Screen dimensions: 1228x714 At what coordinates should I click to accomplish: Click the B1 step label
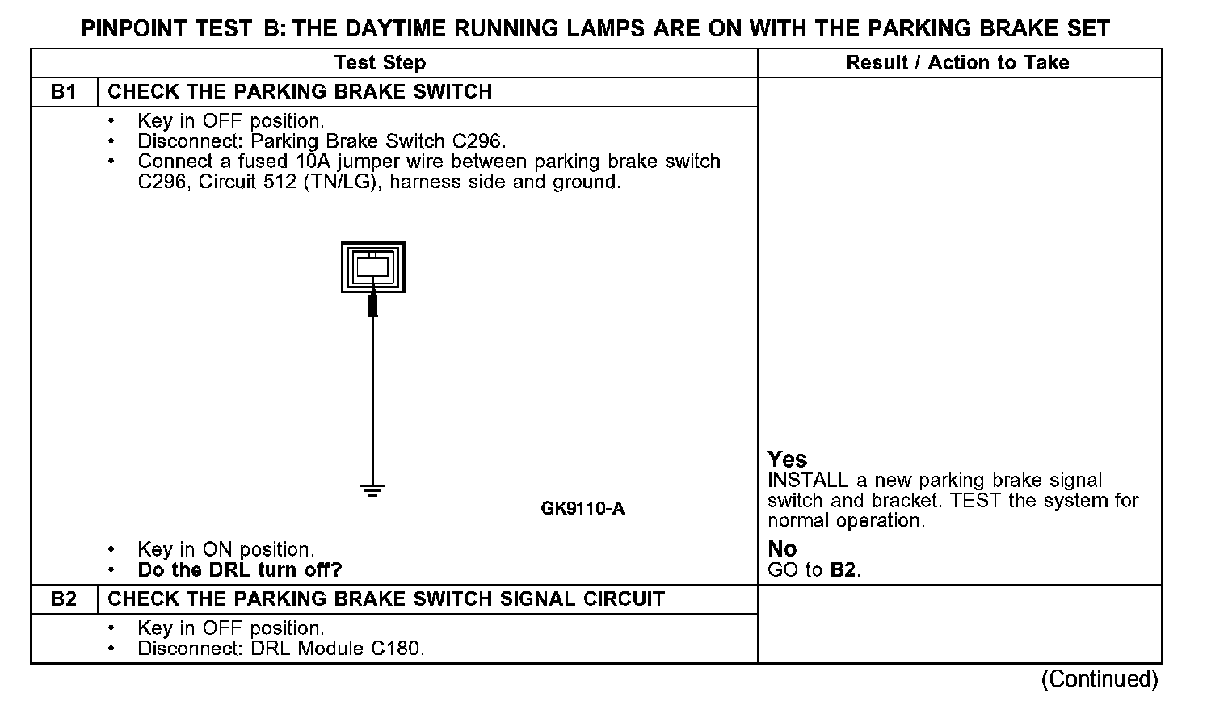click(63, 92)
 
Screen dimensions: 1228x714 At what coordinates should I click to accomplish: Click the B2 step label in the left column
click(63, 599)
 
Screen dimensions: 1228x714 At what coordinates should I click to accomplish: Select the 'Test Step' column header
click(380, 63)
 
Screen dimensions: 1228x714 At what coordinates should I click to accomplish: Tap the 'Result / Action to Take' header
click(957, 63)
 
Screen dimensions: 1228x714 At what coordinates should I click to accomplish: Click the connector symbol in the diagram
click(372, 267)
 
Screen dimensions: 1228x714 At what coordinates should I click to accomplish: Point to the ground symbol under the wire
click(372, 489)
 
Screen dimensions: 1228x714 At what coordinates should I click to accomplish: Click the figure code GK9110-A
click(582, 509)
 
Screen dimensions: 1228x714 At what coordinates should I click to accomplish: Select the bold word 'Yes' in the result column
click(787, 460)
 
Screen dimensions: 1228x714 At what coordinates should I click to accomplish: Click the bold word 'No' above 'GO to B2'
click(782, 549)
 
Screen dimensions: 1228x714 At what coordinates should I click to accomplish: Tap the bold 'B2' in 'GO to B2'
click(843, 570)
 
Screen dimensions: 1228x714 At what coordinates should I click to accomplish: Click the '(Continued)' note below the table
click(1100, 679)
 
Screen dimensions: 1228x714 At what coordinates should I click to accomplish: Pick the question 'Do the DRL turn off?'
click(240, 570)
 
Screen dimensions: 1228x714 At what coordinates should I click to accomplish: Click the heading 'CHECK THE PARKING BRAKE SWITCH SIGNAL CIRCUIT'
click(386, 599)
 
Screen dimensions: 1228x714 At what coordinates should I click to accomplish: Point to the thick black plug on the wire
click(372, 305)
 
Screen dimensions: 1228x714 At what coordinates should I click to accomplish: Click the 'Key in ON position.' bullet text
click(225, 550)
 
